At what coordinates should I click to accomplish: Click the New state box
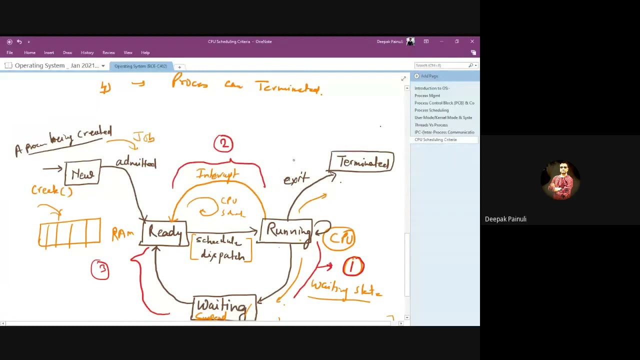coord(82,174)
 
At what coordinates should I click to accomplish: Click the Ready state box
coord(164,232)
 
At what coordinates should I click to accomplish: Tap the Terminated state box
coord(362,162)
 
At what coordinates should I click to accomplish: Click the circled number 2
coord(223,144)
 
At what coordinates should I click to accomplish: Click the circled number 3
coord(100,269)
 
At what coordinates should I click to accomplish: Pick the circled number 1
coord(353,266)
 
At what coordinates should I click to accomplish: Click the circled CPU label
coord(339,237)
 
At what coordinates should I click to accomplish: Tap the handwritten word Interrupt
coord(218,174)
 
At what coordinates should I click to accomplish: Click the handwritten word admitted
coord(136,162)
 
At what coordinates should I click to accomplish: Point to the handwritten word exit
coord(296,179)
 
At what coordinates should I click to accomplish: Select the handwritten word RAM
coord(122,233)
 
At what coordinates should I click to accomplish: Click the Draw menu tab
coord(67,52)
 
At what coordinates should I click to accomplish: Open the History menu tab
coord(87,52)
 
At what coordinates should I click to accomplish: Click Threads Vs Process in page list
coord(431,125)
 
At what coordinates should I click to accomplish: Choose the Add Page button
coord(429,76)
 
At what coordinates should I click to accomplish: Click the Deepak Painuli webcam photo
coord(560,180)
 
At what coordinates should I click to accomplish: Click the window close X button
coord(472,41)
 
